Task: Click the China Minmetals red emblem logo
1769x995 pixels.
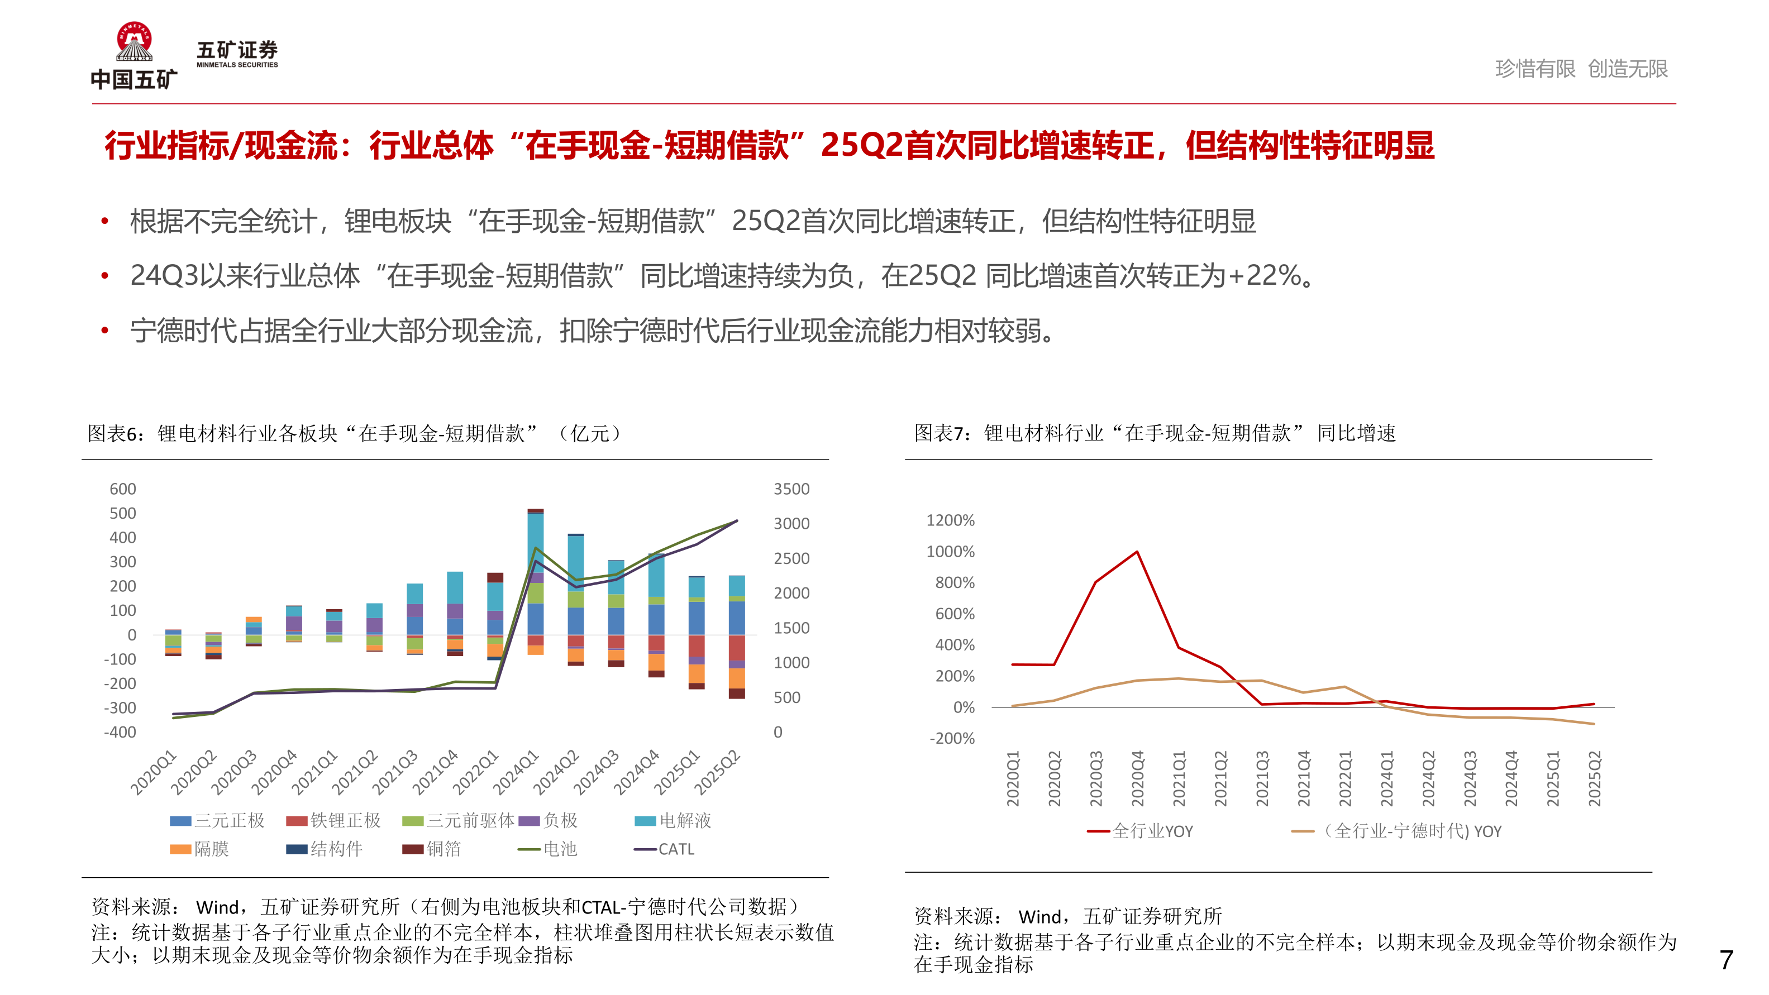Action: pyautogui.click(x=134, y=41)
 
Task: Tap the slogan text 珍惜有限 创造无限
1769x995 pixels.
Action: pyautogui.click(x=1581, y=69)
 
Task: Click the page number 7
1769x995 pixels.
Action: pyautogui.click(x=1726, y=959)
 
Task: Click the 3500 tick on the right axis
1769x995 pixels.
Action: pyautogui.click(x=791, y=489)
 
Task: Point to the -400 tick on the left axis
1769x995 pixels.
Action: pyautogui.click(x=120, y=732)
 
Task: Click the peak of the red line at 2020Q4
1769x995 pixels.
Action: pyautogui.click(x=1137, y=552)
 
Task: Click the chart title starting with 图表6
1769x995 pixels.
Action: pyautogui.click(x=354, y=433)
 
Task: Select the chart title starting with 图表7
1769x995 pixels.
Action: pyautogui.click(x=1155, y=433)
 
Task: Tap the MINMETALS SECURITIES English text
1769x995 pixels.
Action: pyautogui.click(x=237, y=65)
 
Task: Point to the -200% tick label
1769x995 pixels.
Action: pyautogui.click(x=952, y=739)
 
